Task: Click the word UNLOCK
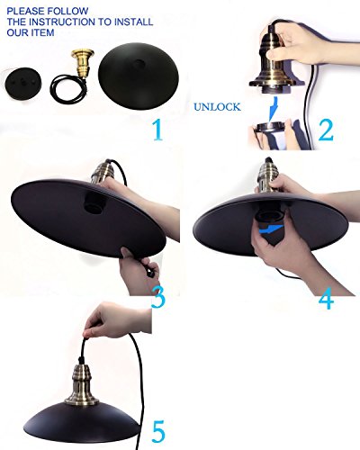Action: [217, 107]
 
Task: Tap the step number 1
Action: [157, 130]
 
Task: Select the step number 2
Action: [326, 130]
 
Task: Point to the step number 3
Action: [158, 297]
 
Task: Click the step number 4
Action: [326, 298]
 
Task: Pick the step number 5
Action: [158, 431]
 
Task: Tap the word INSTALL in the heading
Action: [134, 22]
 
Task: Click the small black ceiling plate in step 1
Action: [23, 83]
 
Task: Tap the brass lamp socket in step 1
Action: [82, 64]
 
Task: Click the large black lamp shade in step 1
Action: [138, 76]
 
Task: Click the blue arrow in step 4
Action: [272, 229]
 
